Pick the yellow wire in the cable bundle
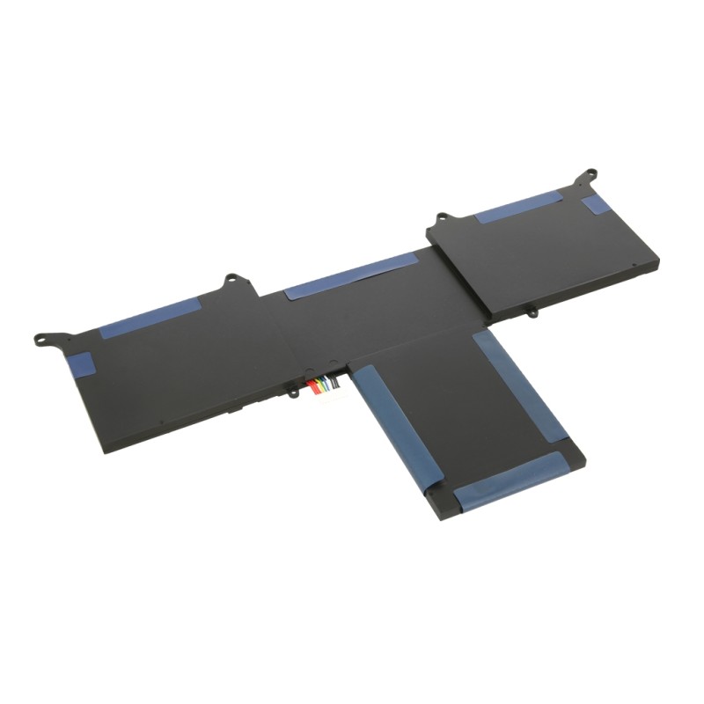tap(319, 385)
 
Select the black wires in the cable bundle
tap(335, 384)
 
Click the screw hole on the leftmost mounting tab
tap(40, 336)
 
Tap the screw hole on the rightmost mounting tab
tap(582, 183)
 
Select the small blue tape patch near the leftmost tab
tap(82, 363)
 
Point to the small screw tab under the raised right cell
tap(532, 310)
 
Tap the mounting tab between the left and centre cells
tap(233, 281)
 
